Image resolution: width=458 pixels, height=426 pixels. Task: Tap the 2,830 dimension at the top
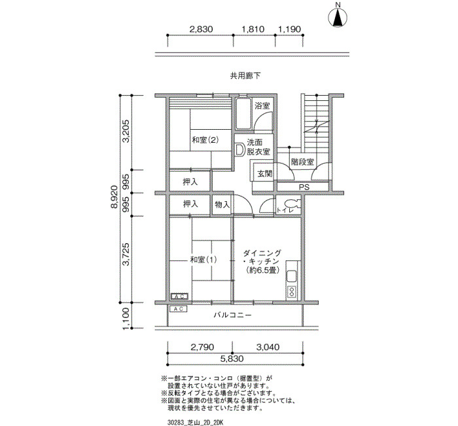tap(201, 29)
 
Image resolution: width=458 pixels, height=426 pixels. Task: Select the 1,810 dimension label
tap(253, 29)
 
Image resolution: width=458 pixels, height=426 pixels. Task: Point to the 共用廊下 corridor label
tap(245, 76)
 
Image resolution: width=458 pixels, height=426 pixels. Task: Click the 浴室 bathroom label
tap(262, 106)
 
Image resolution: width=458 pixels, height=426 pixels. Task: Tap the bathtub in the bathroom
tap(243, 114)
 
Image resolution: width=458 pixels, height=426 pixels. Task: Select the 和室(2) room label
tap(205, 140)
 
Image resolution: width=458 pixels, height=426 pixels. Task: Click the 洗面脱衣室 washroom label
tap(258, 147)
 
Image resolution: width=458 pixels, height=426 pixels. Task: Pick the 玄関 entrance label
tap(264, 174)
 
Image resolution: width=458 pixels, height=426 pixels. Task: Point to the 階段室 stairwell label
tap(302, 162)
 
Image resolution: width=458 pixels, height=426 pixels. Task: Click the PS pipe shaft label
tap(304, 187)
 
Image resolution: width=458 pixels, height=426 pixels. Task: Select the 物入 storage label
tap(222, 204)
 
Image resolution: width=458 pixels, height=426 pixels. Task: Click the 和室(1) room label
tap(203, 260)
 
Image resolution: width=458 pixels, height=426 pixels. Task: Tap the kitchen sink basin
tap(292, 276)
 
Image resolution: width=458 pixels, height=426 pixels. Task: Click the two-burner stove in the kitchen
tap(292, 292)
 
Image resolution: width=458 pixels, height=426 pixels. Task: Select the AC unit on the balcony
tap(178, 309)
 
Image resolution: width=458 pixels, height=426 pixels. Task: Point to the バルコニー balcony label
tap(232, 315)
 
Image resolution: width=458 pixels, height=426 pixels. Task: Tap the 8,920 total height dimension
tap(114, 197)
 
